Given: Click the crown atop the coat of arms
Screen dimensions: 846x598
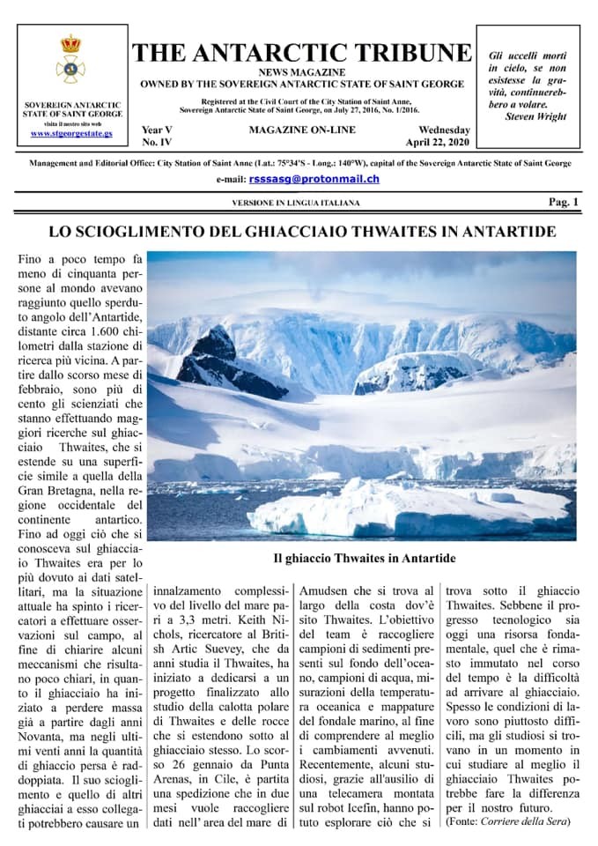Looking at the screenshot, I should (70, 44).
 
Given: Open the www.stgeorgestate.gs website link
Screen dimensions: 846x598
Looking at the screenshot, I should (70, 133).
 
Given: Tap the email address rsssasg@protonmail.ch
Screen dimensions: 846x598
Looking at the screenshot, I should (314, 179).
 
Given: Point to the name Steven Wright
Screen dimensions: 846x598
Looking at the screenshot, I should (536, 116).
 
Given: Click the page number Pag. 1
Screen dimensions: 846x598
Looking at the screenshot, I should (564, 202).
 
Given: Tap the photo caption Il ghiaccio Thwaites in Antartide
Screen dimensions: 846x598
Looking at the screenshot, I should (364, 558).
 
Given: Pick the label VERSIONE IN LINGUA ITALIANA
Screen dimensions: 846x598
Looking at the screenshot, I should (296, 203).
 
